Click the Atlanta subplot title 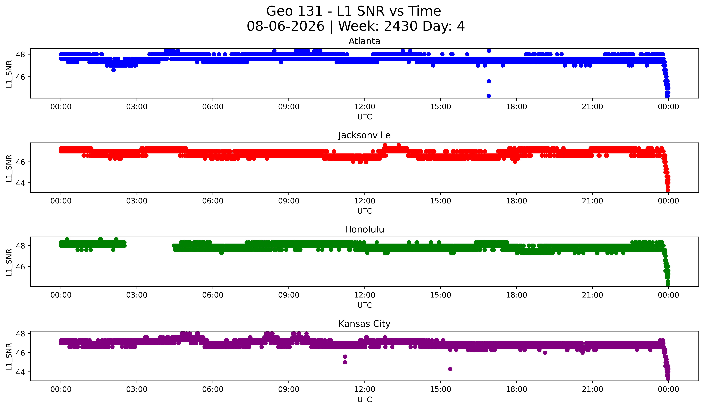click(364, 41)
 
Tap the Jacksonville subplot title click(364, 135)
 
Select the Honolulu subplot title click(364, 230)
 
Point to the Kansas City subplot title click(364, 324)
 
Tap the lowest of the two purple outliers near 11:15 click(345, 362)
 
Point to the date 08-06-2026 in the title click(286, 26)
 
